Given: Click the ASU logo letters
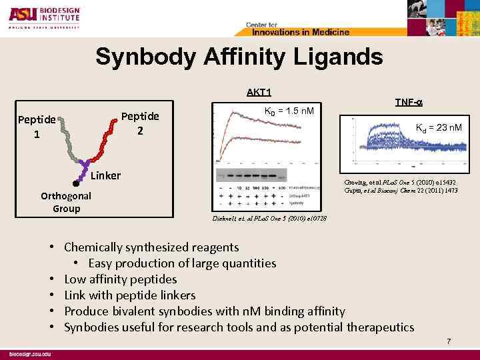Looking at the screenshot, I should click(22, 15).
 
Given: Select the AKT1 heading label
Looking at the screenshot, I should click(258, 93).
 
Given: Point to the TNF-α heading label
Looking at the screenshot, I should click(409, 102).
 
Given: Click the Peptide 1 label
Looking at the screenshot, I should click(37, 127).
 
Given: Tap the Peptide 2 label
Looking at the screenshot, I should click(141, 123).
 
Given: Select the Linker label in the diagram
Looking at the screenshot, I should click(105, 176).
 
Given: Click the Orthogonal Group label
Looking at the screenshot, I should click(66, 203).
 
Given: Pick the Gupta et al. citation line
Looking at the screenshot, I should click(401, 191).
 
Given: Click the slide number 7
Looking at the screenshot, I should click(449, 342).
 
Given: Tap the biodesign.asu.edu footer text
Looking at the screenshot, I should click(29, 353).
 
